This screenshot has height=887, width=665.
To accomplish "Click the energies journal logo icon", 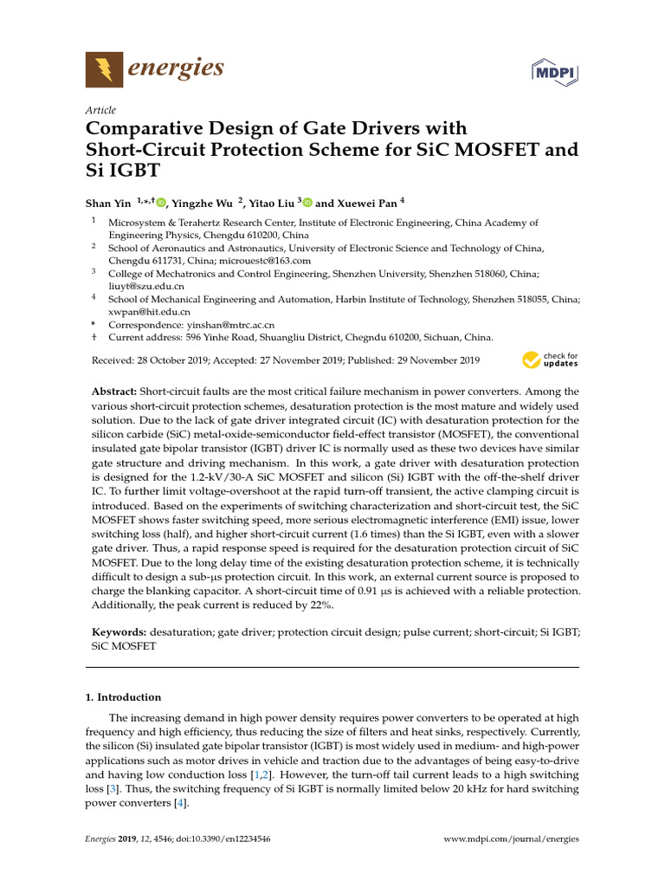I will point(104,69).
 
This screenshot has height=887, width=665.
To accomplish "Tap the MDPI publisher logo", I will point(554,71).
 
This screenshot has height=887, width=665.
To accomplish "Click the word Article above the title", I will point(100,110).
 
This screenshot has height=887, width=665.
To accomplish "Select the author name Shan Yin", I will point(108,204).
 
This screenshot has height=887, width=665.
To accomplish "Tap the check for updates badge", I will point(550,359).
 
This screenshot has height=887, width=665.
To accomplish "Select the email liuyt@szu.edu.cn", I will point(145,285).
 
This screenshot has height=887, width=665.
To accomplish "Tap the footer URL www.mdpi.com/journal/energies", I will point(511,839).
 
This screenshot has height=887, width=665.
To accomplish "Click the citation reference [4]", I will point(180,803).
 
